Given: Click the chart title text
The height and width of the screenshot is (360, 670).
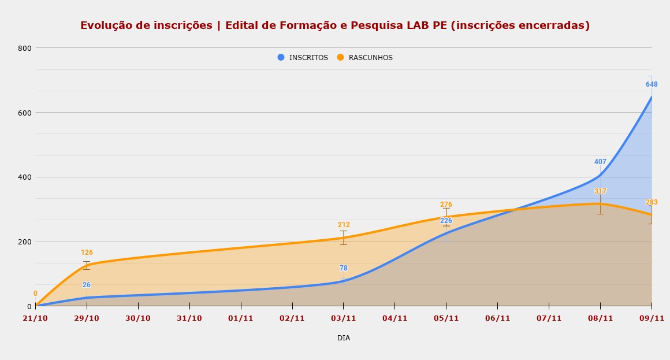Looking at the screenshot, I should tap(335, 26).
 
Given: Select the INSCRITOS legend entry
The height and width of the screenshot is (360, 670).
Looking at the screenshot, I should tap(303, 58).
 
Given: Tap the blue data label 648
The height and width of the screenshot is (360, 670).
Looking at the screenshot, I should tap(652, 84).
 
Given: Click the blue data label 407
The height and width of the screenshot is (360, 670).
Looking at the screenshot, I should tap(600, 162).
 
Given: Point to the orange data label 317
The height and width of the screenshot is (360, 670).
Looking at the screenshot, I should tap(600, 191).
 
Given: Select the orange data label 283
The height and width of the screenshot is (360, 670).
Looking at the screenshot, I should tap(652, 202).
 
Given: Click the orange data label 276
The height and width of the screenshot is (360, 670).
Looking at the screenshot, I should tap(446, 205).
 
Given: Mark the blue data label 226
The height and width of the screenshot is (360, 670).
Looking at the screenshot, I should tap(446, 221).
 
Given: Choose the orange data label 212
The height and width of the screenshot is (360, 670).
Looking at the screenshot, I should tap(344, 225).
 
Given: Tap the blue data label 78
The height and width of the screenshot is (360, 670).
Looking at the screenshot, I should tap(344, 268).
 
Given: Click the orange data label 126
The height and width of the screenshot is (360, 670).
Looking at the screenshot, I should tap(87, 253).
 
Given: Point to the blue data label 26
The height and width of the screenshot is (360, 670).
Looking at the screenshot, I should tap(87, 285).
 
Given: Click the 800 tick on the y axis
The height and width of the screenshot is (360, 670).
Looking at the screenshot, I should tap(25, 48).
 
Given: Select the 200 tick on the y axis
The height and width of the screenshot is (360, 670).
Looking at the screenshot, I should tap(25, 242).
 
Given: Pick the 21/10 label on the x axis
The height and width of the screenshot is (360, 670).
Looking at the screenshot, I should tap(35, 318).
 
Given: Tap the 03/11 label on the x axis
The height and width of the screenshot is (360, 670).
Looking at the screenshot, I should tap(344, 318).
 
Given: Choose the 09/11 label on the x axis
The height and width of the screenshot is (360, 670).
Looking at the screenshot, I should tap(652, 318).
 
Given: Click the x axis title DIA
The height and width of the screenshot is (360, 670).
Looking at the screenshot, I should tap(344, 338).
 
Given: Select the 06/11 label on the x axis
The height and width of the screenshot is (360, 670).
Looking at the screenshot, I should tap(497, 318).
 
